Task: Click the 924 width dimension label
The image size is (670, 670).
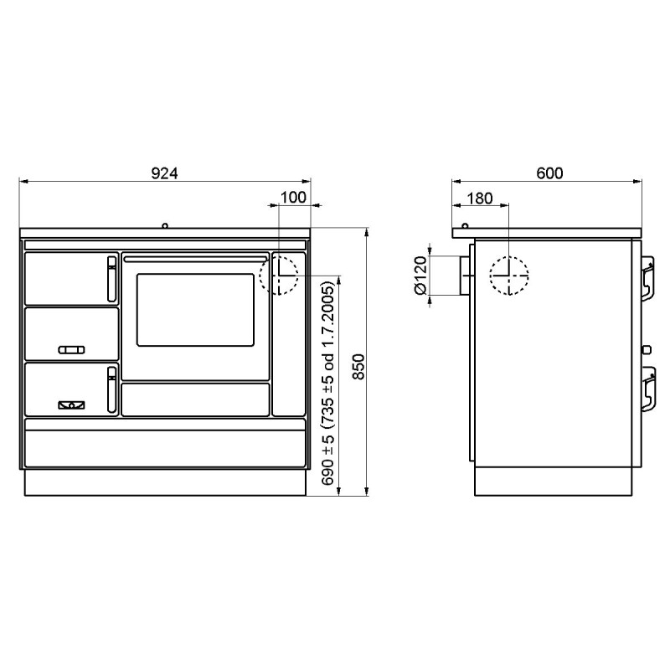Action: (x=164, y=173)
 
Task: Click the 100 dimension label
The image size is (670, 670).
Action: (x=293, y=198)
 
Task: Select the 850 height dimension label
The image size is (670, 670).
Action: (x=359, y=367)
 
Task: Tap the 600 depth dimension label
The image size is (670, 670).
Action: (x=549, y=173)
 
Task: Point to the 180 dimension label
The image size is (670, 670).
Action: (x=480, y=198)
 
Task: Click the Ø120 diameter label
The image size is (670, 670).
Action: (x=421, y=276)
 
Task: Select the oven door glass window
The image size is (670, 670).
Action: (x=195, y=310)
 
